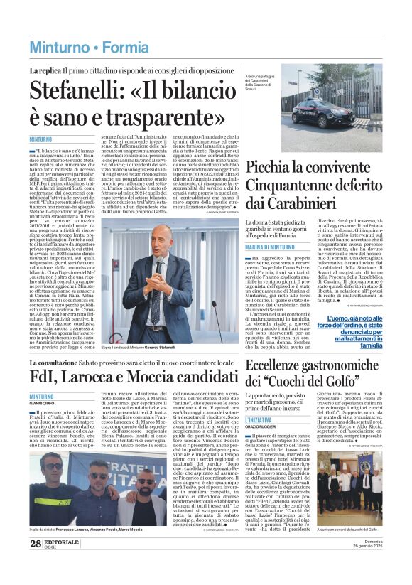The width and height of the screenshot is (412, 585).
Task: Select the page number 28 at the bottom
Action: coord(36,564)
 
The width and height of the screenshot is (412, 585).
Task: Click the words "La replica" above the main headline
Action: coord(43,71)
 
